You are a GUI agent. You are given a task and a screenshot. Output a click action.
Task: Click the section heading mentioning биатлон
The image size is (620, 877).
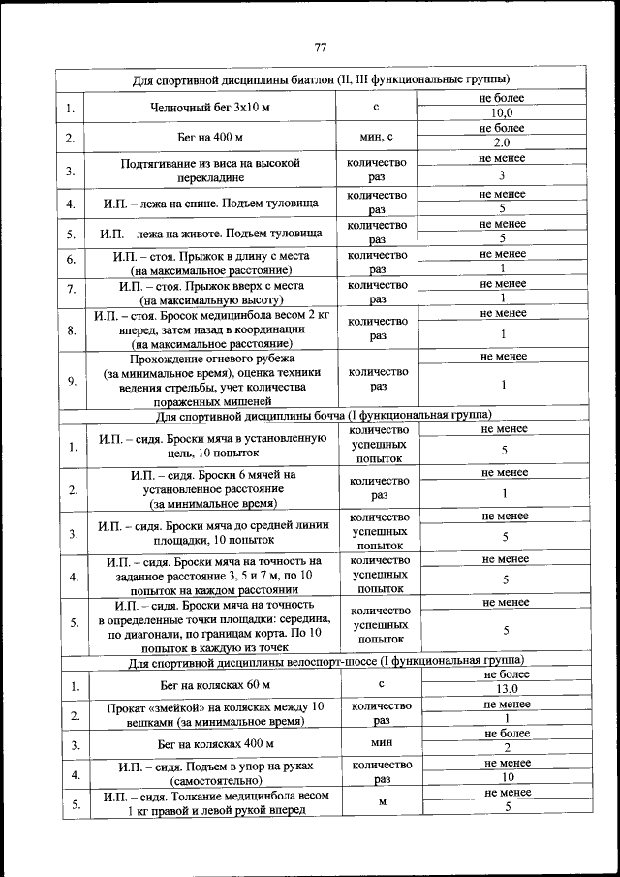point(321,79)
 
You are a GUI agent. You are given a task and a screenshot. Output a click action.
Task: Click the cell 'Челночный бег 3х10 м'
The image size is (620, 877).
point(210,107)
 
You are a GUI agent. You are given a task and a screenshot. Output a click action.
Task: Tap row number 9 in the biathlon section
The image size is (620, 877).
point(71,380)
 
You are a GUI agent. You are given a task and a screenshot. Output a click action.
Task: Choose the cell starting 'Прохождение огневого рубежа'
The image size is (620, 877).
point(210,379)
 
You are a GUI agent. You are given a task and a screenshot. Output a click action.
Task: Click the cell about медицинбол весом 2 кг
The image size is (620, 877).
point(210,329)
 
